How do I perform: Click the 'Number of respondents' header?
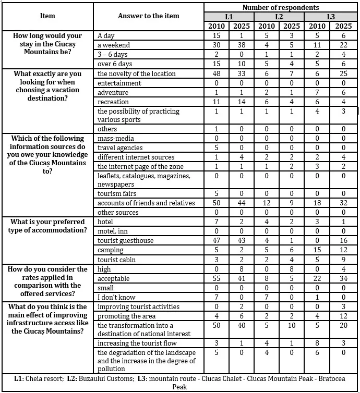(281, 8)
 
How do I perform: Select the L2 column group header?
(280, 17)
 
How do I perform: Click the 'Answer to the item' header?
(148, 16)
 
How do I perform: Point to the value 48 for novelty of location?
(216, 74)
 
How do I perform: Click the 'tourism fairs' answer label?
(117, 194)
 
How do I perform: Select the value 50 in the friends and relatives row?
(216, 203)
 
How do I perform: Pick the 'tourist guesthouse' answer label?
(125, 241)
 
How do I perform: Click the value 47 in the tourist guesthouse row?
(216, 241)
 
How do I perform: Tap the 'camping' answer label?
(111, 250)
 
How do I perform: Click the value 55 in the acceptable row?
(216, 279)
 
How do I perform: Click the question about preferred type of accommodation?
(48, 226)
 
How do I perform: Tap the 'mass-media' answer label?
(115, 139)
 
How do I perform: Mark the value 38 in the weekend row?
(242, 45)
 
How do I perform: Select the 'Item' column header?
(47, 16)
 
